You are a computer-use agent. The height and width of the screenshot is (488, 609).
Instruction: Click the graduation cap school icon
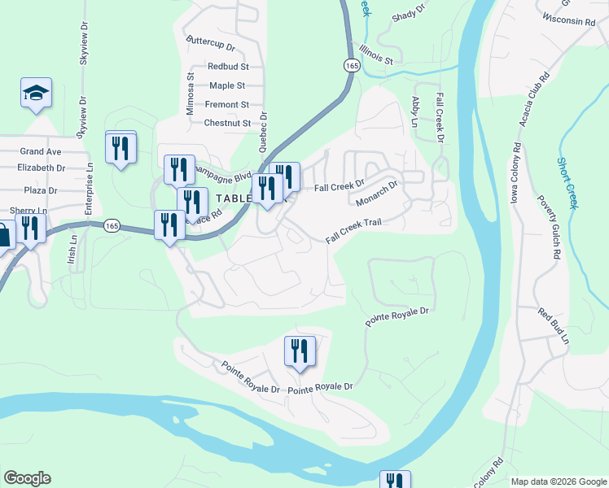37,93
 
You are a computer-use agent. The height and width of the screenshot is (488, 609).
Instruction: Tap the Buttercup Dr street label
210,40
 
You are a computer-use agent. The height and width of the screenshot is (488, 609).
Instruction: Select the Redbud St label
228,66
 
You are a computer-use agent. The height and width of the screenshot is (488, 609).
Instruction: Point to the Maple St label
227,85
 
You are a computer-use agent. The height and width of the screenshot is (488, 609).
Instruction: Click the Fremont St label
226,105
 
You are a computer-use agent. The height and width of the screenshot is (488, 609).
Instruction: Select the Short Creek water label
567,183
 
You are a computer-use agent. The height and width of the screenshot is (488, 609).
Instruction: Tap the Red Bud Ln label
553,325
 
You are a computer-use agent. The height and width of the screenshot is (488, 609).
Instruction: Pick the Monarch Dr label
377,194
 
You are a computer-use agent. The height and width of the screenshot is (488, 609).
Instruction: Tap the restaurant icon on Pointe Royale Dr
300,351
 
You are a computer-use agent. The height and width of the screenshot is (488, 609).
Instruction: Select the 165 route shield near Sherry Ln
112,225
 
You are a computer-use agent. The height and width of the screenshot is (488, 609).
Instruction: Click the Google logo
27,478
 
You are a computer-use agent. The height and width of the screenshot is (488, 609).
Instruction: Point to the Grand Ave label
41,151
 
